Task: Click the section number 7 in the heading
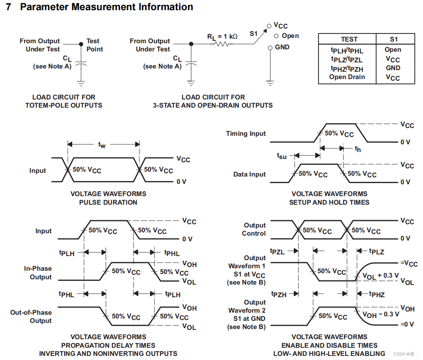tap(9, 7)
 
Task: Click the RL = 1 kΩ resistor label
tap(222, 36)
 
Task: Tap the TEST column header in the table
tap(349, 39)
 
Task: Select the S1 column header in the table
tap(393, 39)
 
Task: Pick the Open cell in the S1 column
tap(393, 50)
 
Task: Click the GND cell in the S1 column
tap(393, 68)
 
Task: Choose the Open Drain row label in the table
tap(347, 77)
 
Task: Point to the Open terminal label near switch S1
tap(290, 36)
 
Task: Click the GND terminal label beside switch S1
tap(282, 47)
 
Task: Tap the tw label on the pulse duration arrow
tap(102, 145)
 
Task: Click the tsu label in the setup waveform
tap(282, 156)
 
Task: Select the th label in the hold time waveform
tap(358, 149)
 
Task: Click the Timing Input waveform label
tap(246, 133)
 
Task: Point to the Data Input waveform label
tap(249, 174)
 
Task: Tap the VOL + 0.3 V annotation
tap(381, 276)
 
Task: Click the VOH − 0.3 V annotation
tap(381, 314)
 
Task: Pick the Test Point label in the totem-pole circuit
tap(94, 45)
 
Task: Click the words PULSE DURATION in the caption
tap(108, 202)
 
